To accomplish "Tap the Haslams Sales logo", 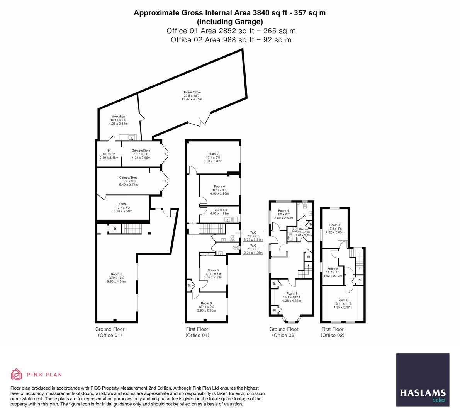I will pyautogui.click(x=423, y=380).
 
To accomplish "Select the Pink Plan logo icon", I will pyautogui.click(x=17, y=374).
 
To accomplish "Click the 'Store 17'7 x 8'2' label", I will pyautogui.click(x=123, y=208).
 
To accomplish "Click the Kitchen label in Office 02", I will pyautogui.click(x=304, y=232).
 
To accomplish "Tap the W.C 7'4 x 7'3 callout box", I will pyautogui.click(x=253, y=236).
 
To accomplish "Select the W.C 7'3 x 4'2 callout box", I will pyautogui.click(x=253, y=249).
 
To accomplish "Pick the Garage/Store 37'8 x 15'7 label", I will pyautogui.click(x=192, y=95).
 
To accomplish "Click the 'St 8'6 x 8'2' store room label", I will pyautogui.click(x=109, y=154).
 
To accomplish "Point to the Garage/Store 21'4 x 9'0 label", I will pyautogui.click(x=128, y=181).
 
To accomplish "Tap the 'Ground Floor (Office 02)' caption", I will pyautogui.click(x=283, y=332).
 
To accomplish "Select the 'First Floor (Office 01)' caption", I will pyautogui.click(x=197, y=332).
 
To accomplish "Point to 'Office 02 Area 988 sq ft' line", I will pyautogui.click(x=231, y=40).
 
